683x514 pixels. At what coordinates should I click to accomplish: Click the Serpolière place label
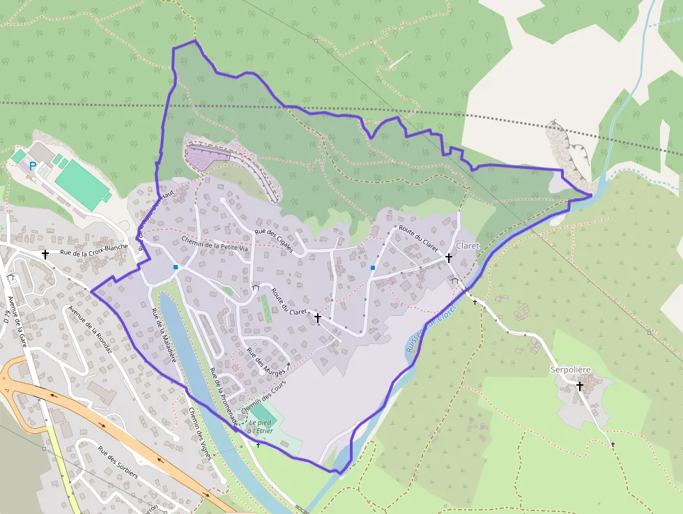[570, 369]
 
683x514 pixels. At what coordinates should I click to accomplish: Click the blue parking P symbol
[32, 166]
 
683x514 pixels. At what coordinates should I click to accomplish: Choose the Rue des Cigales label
[274, 236]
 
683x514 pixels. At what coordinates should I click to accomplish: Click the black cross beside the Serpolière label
[579, 385]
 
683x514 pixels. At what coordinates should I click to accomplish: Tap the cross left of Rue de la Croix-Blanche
[45, 255]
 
